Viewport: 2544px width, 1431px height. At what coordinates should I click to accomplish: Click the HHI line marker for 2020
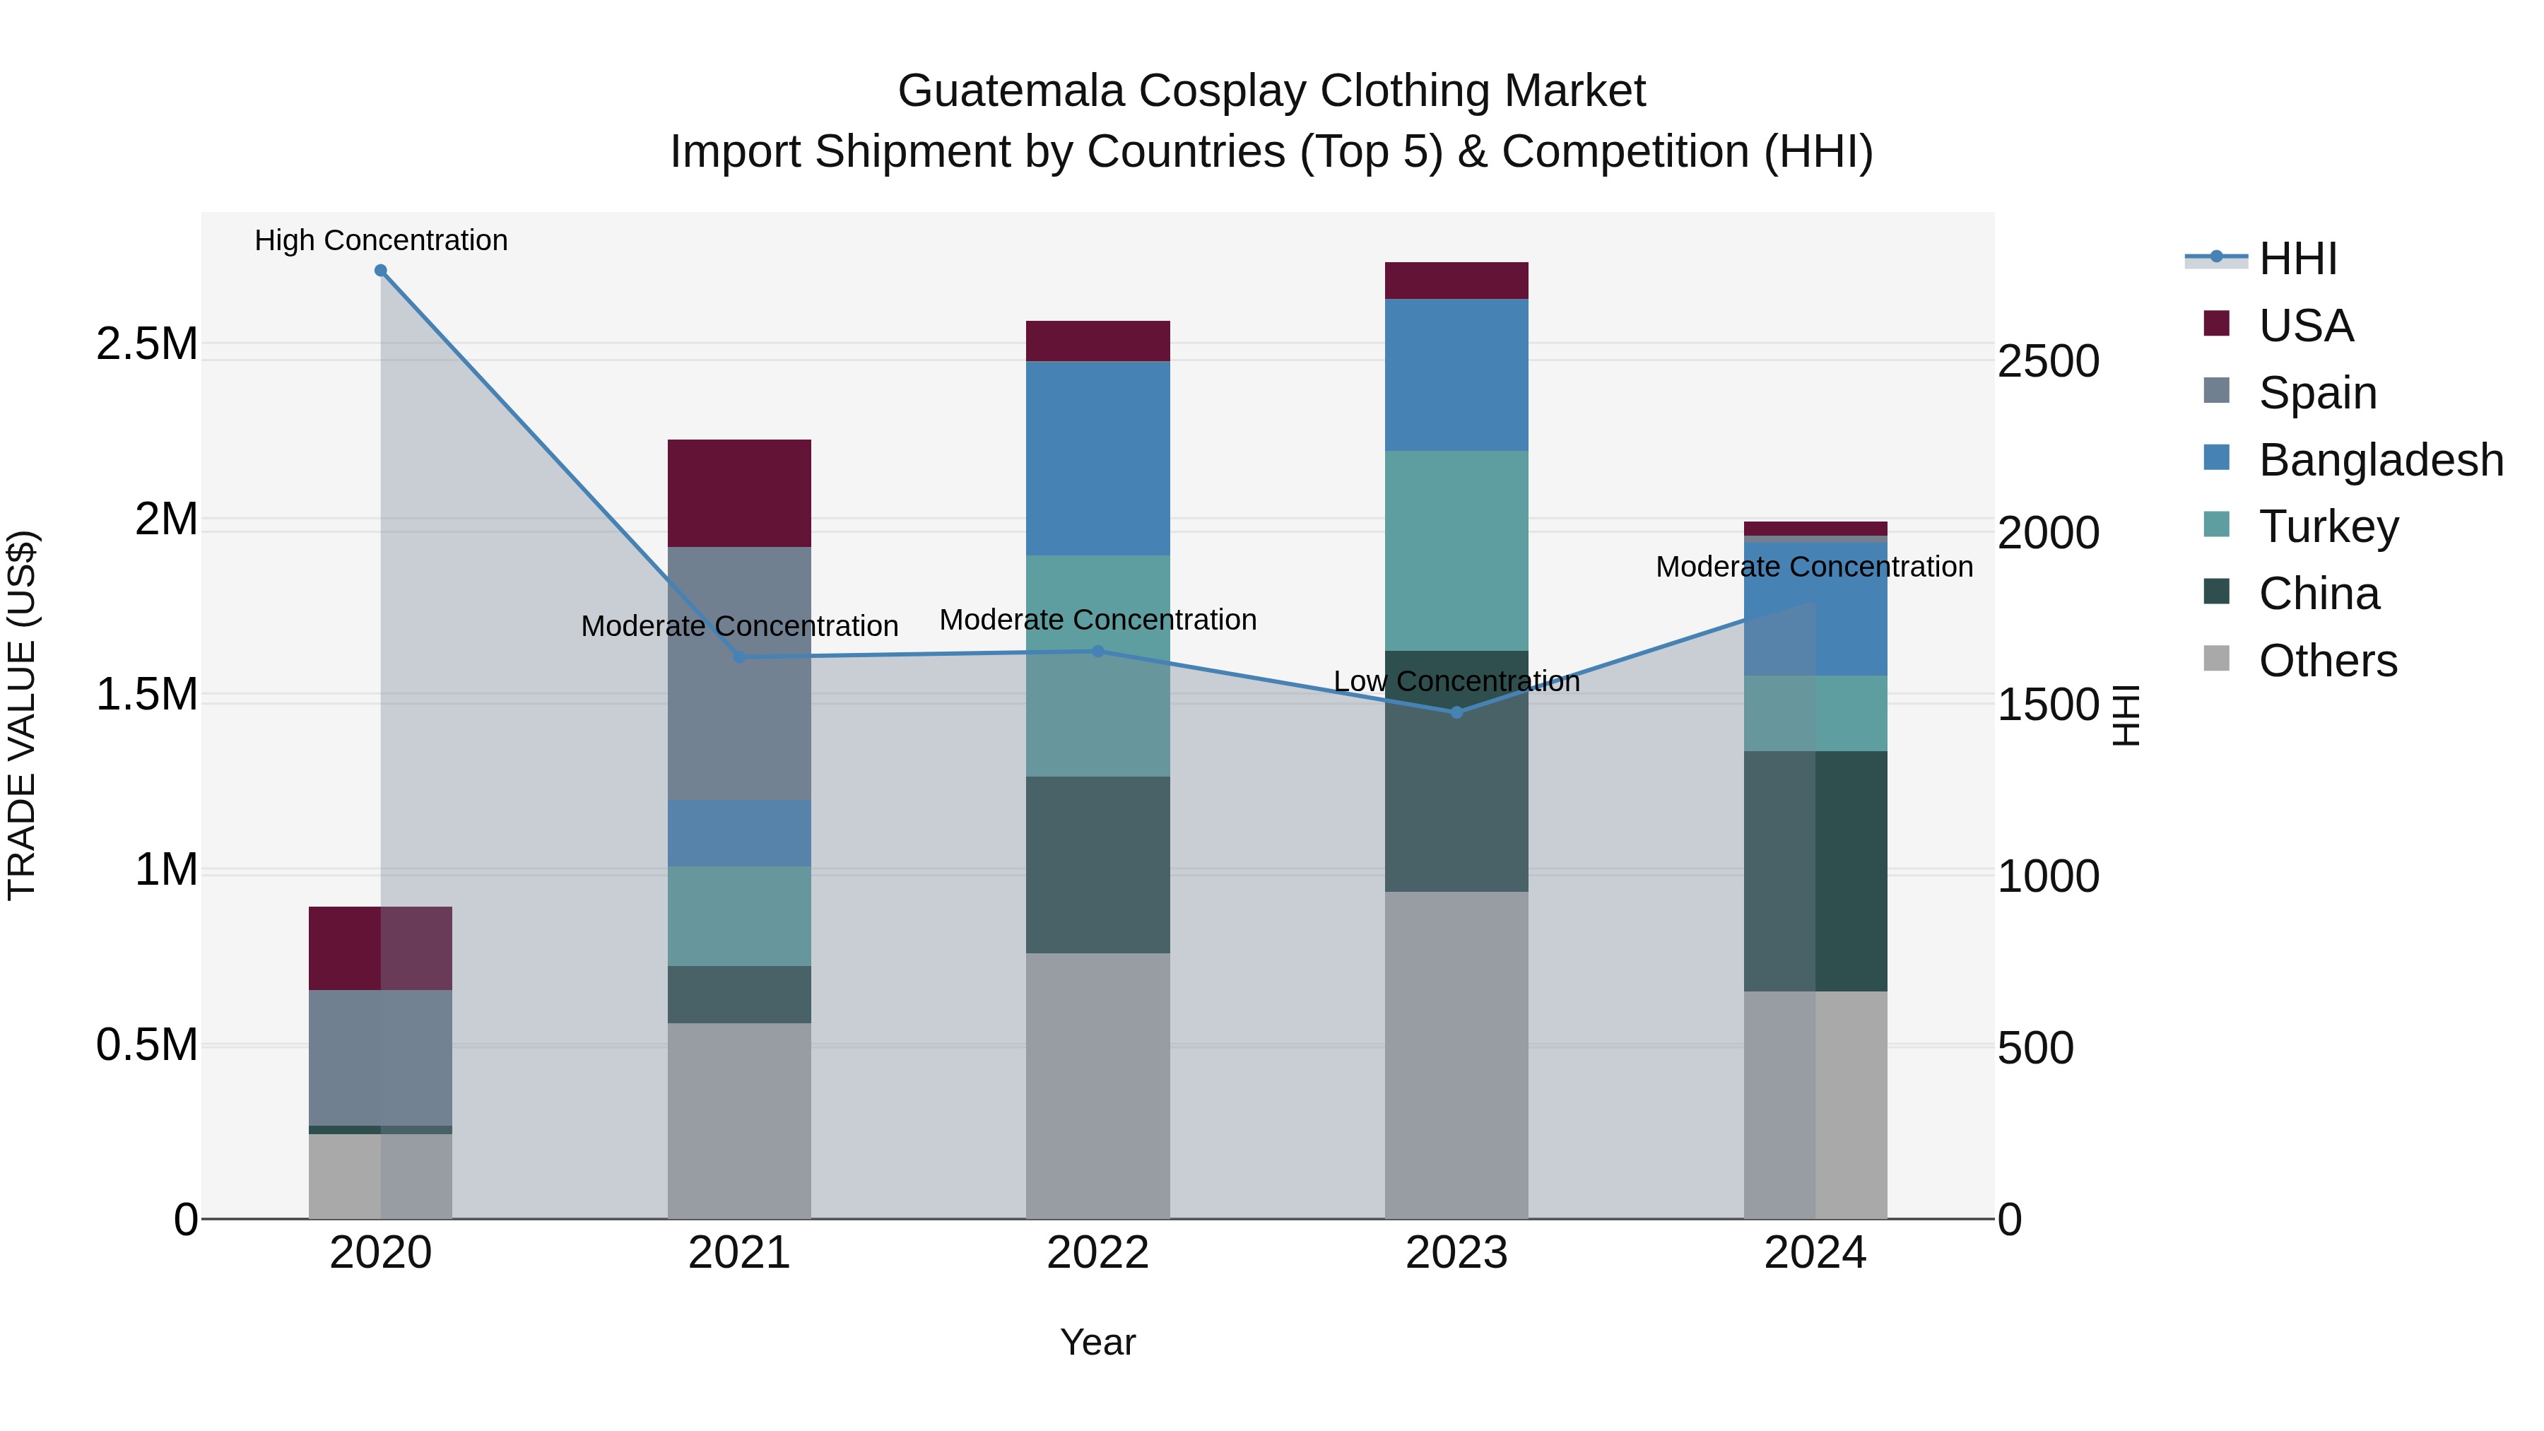click(x=380, y=271)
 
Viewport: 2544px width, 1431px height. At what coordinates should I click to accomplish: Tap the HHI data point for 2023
click(x=1456, y=712)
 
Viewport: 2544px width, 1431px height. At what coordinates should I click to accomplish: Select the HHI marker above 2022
click(x=1097, y=651)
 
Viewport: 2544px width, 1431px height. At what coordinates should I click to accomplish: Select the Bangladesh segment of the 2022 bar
click(x=1097, y=458)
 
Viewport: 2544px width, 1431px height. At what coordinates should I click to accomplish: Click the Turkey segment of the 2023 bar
click(x=1456, y=550)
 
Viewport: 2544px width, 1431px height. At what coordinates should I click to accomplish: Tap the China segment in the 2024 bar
click(x=1815, y=871)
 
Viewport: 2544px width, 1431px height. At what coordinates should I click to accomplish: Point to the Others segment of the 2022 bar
click(x=1097, y=1085)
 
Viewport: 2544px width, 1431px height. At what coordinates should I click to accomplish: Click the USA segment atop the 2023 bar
click(x=1456, y=281)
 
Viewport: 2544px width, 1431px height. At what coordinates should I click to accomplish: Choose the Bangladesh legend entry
click(x=2380, y=460)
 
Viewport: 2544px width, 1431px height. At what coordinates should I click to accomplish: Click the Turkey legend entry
click(x=2328, y=526)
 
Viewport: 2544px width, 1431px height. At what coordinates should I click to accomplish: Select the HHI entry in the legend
click(x=2297, y=259)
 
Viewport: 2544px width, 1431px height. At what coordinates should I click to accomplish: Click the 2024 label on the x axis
click(x=1815, y=1253)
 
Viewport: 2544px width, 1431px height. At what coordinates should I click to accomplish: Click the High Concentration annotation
click(x=381, y=240)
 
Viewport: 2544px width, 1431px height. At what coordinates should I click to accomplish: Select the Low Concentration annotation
click(x=1456, y=681)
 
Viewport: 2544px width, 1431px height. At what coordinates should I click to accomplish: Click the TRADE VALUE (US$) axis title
click(x=22, y=715)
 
